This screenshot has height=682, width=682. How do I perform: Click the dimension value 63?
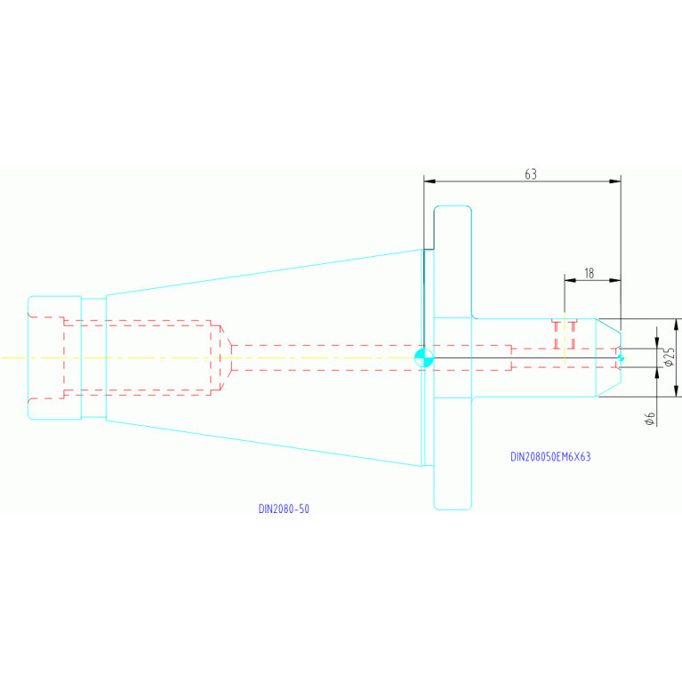point(531,174)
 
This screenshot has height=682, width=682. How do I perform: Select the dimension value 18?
point(589,273)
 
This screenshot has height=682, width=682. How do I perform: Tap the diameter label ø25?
point(669,357)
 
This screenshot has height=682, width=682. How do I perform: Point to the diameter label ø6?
point(650,419)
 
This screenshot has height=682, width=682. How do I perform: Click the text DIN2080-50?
point(284,509)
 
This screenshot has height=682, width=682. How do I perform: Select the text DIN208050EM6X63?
point(550,457)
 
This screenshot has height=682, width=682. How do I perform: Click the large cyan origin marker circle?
point(424,358)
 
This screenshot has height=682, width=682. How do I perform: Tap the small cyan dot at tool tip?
point(621,358)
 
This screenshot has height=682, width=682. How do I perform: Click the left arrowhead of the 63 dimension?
point(429,181)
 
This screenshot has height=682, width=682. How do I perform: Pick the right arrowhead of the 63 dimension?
point(615,181)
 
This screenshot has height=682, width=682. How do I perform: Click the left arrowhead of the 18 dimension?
point(570,280)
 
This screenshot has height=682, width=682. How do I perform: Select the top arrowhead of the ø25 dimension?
point(676,325)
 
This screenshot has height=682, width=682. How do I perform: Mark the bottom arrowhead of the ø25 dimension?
point(676,391)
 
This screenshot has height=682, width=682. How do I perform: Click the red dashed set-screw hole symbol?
point(564,334)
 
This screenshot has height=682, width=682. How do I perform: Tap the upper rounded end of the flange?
point(453,209)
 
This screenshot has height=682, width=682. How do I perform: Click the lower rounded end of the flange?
point(453,507)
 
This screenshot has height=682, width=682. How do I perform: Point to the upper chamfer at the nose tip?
point(608,325)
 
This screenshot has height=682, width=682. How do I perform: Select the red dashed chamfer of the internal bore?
point(226,358)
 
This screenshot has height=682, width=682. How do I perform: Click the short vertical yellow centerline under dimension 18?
point(564,338)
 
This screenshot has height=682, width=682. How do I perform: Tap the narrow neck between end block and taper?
point(93,358)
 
